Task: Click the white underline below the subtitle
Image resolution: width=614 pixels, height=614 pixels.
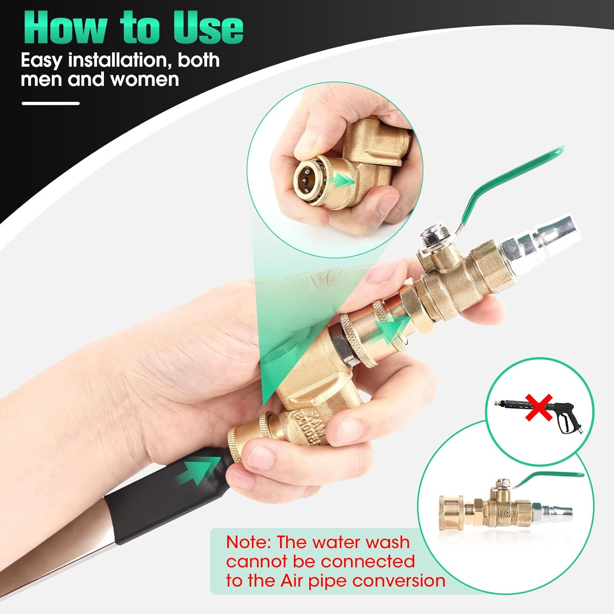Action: (x=50, y=103)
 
